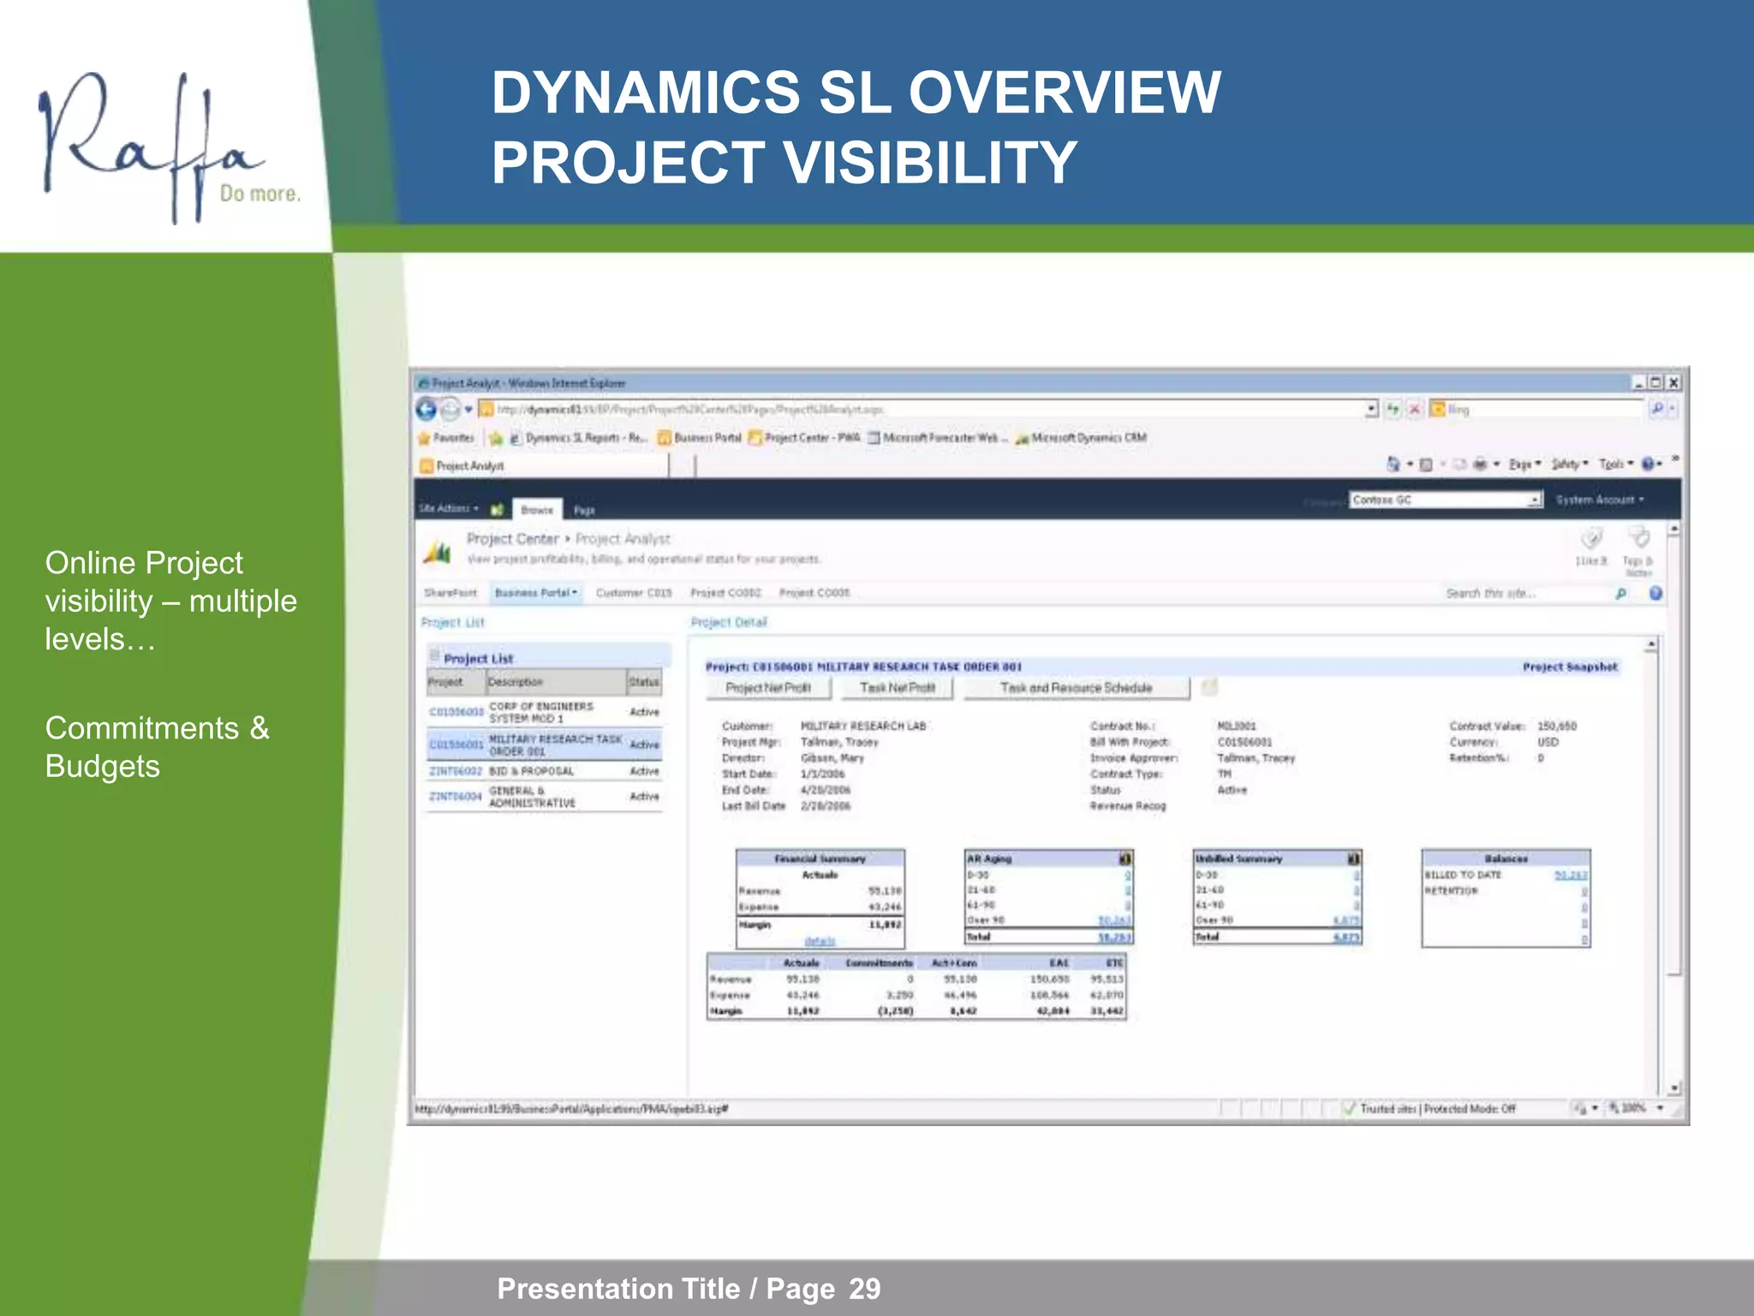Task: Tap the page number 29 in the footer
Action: pos(864,1289)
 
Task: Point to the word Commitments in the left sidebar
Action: pos(142,728)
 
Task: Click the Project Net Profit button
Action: pos(767,688)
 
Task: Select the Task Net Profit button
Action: pos(897,688)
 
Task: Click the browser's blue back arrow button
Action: pos(427,410)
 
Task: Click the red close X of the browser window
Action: pos(1673,383)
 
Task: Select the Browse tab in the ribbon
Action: pos(537,510)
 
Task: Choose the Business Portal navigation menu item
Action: pos(536,593)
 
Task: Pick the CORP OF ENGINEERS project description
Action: pos(540,712)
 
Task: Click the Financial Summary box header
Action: pos(820,858)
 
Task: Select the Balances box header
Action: pos(1505,858)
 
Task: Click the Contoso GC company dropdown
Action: pos(1446,499)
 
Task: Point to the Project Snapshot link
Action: pos(1569,667)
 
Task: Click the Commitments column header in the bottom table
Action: pos(879,963)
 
